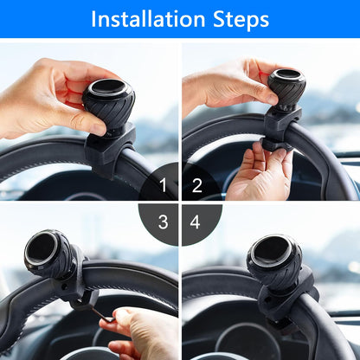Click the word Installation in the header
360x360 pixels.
click(148, 19)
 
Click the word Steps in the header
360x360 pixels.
click(241, 20)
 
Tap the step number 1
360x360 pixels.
click(163, 185)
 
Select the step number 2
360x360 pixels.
click(197, 185)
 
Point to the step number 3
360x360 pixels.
click(163, 222)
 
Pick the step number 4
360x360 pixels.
click(196, 222)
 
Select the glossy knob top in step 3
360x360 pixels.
click(41, 247)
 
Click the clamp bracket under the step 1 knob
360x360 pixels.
click(110, 150)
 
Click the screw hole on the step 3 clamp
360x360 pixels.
click(64, 286)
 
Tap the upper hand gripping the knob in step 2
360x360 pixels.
click(231, 85)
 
